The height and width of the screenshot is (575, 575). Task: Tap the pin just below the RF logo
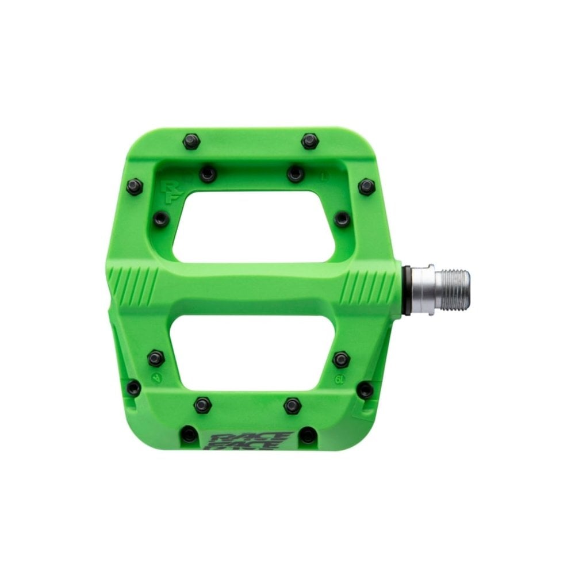[161, 218]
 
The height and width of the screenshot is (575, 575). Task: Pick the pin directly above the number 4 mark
[156, 358]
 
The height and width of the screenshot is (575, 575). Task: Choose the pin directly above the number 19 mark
[341, 359]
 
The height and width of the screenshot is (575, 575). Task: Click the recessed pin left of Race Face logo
[189, 435]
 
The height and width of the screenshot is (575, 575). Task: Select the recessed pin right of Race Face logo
[309, 435]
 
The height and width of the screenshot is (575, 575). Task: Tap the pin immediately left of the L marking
[296, 173]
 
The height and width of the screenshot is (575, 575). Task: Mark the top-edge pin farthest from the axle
[190, 140]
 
